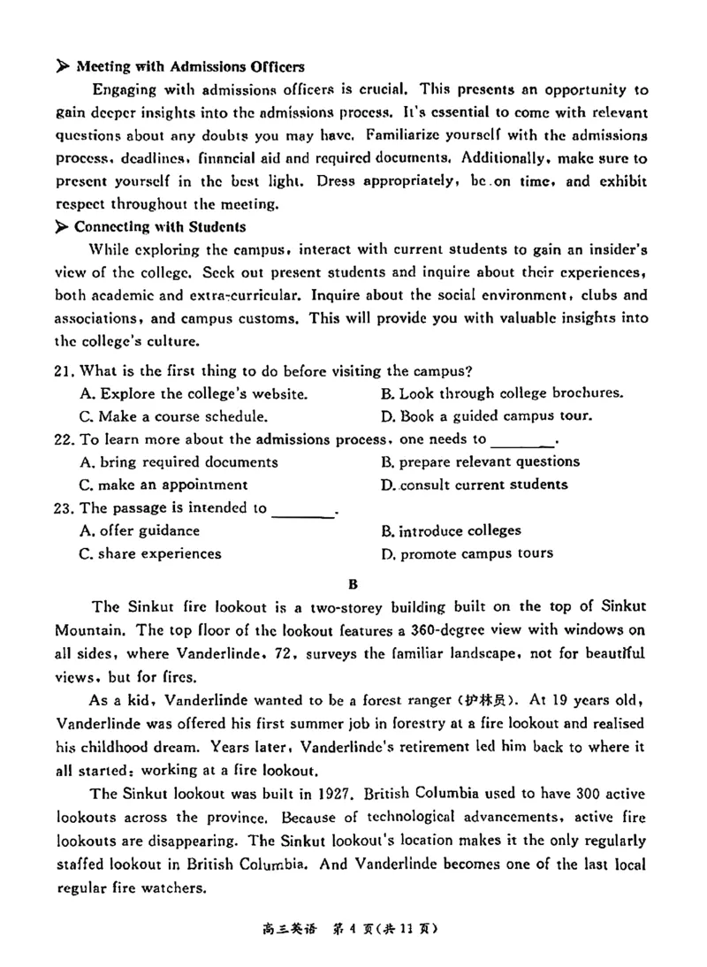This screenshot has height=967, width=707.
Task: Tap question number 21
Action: pos(66,370)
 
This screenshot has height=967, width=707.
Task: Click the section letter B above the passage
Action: pos(353,583)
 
